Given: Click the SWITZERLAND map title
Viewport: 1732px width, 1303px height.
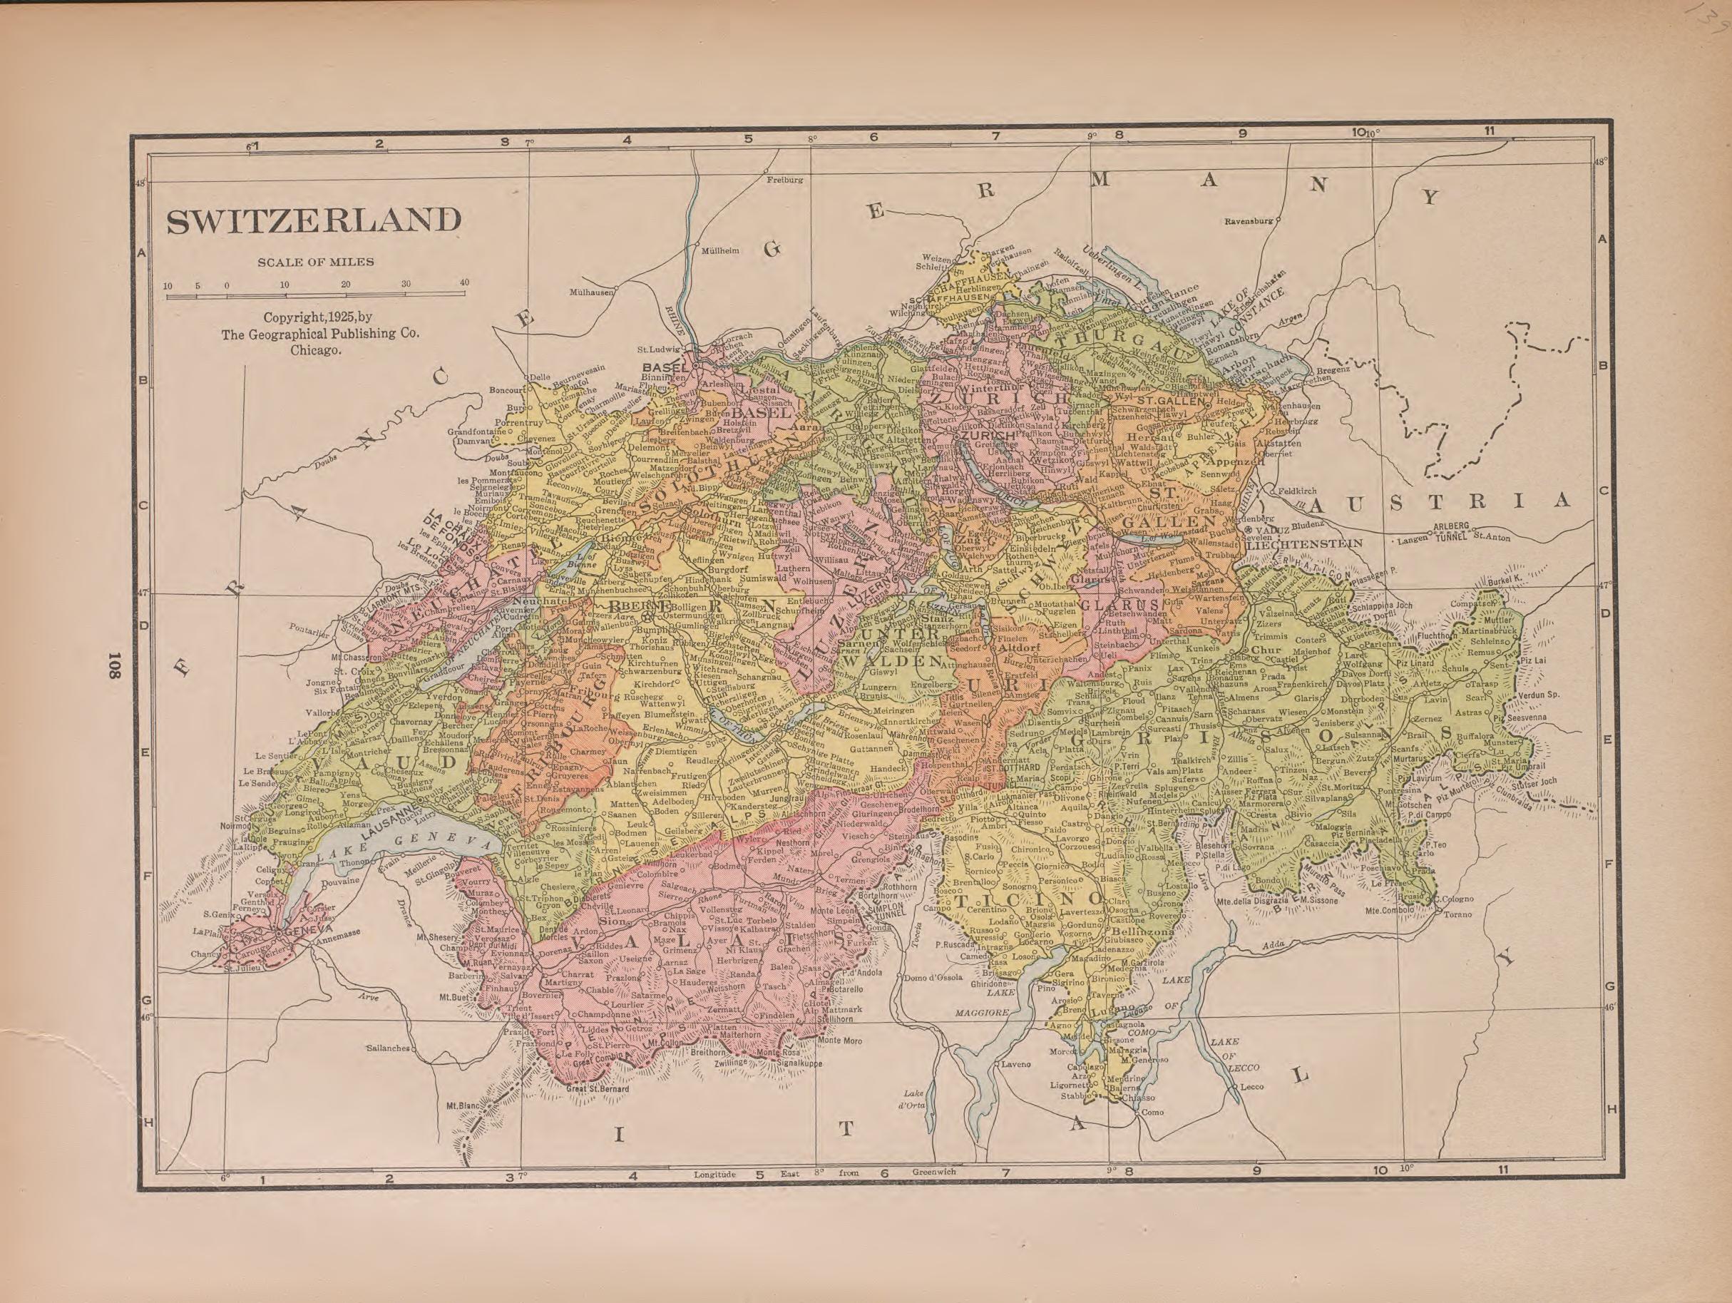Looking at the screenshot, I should click(313, 221).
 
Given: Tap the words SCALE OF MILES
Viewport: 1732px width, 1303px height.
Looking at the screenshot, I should click(316, 262).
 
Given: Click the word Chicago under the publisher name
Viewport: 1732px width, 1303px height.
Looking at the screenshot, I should click(316, 351).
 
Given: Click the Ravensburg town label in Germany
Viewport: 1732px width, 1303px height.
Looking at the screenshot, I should click(1248, 222).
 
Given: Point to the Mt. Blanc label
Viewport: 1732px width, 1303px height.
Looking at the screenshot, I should click(462, 1106).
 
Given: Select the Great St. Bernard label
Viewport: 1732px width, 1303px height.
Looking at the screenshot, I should click(598, 1089).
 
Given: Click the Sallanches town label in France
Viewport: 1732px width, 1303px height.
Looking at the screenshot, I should click(388, 1048).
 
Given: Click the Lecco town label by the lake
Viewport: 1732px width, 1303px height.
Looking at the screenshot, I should click(1252, 1087).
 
